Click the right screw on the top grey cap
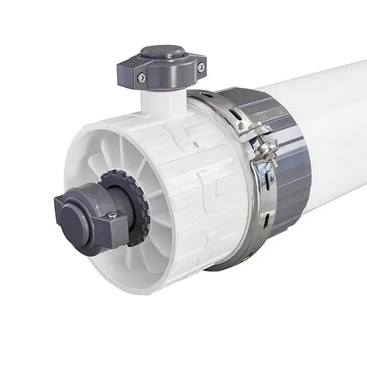pos(200,69)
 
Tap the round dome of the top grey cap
pos(162,51)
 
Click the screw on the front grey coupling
pos(112,213)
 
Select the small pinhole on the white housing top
pos(195,144)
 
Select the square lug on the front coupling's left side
pos(62,206)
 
